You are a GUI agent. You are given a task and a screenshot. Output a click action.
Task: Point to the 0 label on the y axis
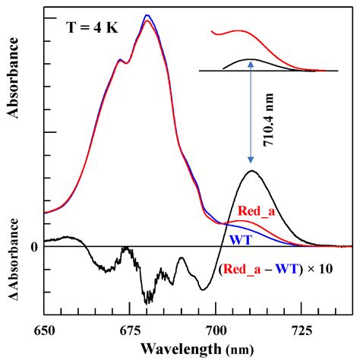click(34, 247)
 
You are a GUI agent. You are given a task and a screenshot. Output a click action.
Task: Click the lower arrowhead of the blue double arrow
click(251, 163)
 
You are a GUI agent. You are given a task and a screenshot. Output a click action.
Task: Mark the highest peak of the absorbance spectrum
click(147, 16)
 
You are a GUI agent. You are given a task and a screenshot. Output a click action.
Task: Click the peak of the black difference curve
click(251, 171)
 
